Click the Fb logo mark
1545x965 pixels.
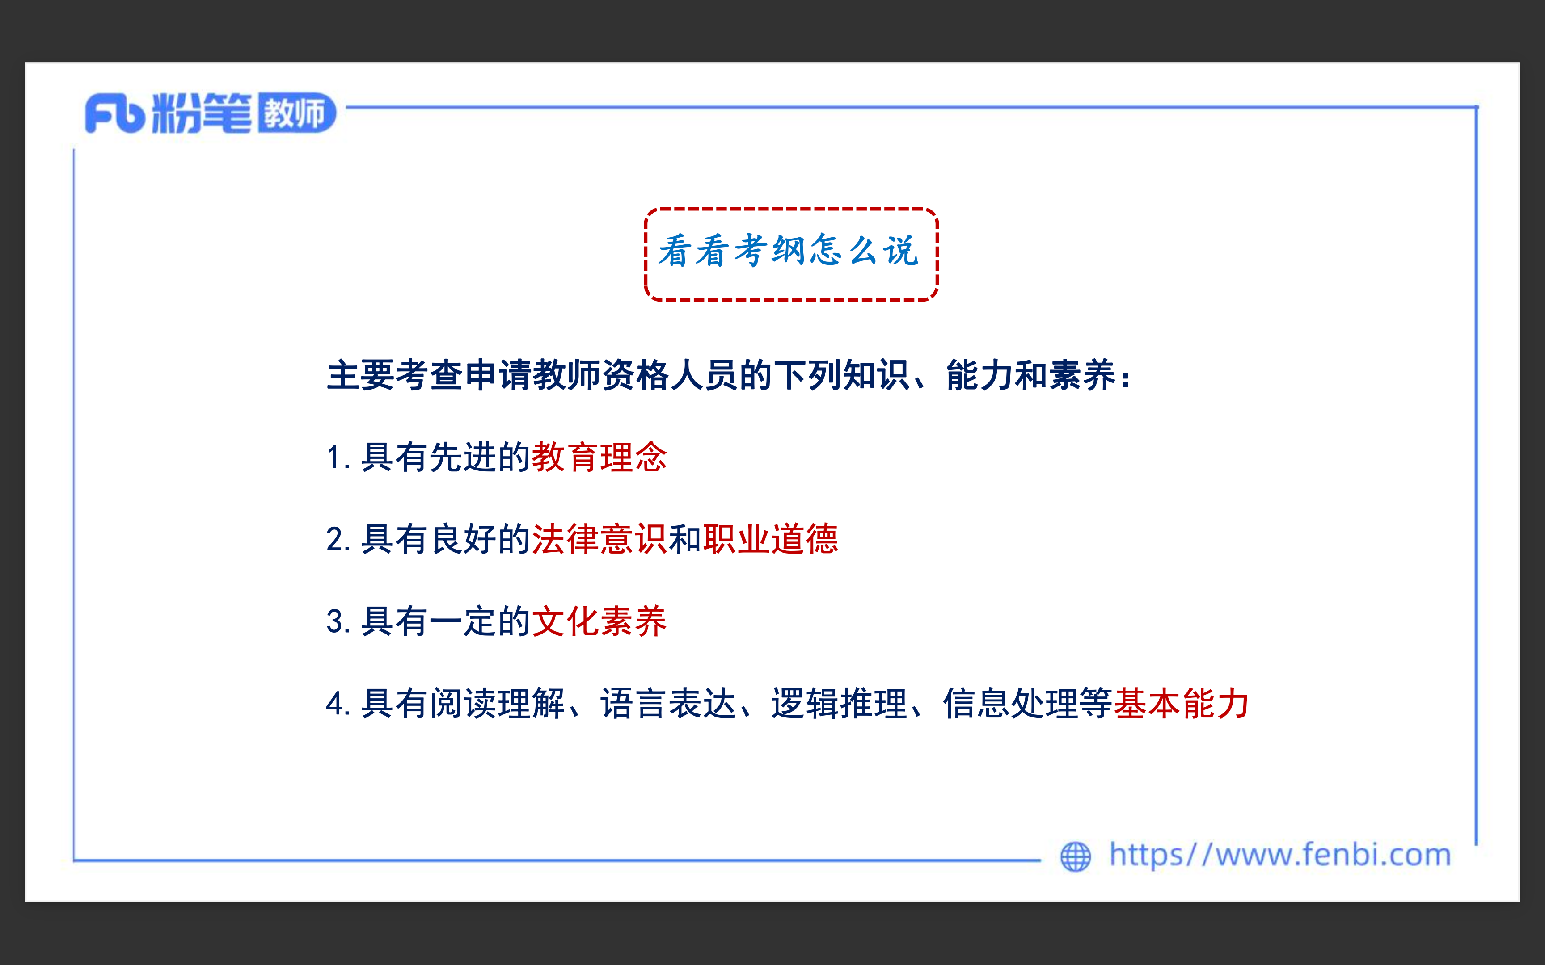[115, 113]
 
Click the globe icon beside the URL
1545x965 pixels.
[1076, 856]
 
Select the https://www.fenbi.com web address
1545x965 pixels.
[1280, 855]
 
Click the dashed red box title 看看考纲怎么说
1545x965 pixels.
[790, 251]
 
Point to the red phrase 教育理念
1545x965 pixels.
[599, 457]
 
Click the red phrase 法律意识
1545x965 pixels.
[599, 539]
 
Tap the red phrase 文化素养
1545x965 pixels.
[599, 621]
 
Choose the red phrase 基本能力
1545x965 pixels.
[1182, 703]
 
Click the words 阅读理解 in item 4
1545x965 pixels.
[498, 703]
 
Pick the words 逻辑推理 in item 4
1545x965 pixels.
[840, 703]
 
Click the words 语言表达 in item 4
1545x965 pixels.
[668, 703]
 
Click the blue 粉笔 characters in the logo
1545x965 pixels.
[202, 113]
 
